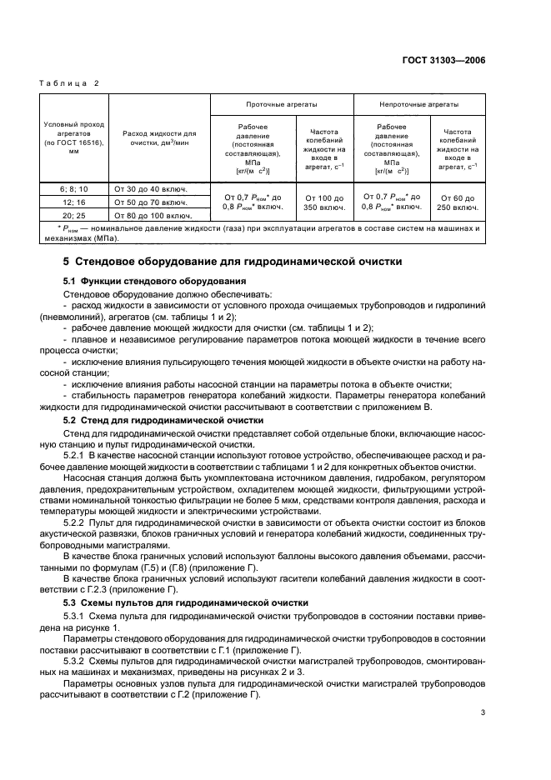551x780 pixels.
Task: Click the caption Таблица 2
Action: pos(71,83)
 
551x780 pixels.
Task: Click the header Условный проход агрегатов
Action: pos(75,137)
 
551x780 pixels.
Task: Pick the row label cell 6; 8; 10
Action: pos(75,189)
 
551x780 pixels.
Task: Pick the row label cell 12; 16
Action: pos(75,202)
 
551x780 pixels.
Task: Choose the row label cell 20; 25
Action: pos(75,214)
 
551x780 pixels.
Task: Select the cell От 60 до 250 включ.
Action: pos(457,202)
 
